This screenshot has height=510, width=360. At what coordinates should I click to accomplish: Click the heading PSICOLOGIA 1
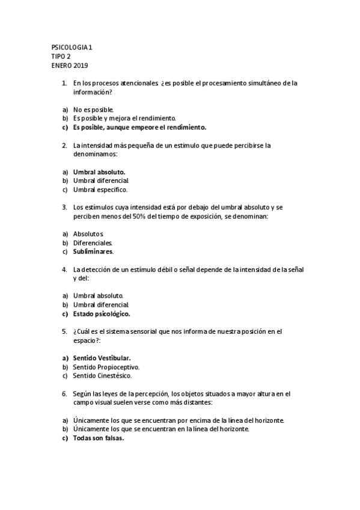[x=72, y=47]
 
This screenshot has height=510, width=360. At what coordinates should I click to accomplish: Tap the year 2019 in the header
[x=81, y=65]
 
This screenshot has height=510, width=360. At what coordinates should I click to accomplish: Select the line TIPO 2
[x=61, y=56]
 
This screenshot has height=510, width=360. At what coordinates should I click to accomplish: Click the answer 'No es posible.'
[x=93, y=110]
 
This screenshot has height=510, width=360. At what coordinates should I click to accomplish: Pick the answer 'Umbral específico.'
[x=100, y=189]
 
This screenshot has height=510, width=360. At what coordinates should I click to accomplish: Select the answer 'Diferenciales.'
[x=93, y=242]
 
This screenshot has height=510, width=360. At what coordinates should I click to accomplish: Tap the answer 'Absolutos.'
[x=89, y=233]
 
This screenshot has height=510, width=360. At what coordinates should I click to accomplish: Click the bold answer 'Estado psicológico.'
[x=102, y=313]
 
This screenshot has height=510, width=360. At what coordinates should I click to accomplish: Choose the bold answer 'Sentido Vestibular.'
[x=102, y=358]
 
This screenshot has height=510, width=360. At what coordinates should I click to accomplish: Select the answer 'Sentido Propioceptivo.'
[x=106, y=367]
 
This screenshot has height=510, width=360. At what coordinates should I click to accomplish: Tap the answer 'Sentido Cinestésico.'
[x=102, y=376]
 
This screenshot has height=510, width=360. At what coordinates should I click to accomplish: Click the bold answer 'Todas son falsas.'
[x=99, y=438]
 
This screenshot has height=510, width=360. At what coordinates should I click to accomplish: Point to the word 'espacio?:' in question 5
[x=87, y=340]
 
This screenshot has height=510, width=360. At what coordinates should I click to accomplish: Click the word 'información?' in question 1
[x=93, y=92]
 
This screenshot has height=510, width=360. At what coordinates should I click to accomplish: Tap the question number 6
[x=64, y=393]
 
